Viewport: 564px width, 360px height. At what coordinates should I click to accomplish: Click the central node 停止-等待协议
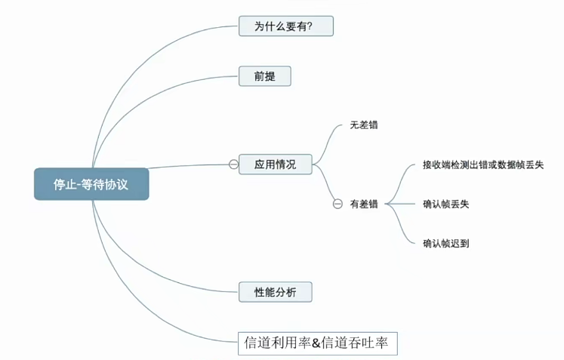click(91, 183)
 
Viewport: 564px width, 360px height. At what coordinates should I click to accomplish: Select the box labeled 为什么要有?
click(285, 26)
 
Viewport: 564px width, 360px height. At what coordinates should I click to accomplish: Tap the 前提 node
click(264, 76)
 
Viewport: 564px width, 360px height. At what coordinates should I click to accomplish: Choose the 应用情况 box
click(275, 164)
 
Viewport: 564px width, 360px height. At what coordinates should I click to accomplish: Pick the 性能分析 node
click(274, 291)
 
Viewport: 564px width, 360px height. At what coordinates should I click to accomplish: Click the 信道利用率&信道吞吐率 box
click(316, 343)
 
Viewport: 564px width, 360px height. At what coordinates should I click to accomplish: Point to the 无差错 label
click(364, 125)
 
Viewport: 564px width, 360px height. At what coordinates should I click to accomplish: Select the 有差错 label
click(364, 204)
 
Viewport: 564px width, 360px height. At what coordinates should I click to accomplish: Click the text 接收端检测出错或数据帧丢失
click(484, 165)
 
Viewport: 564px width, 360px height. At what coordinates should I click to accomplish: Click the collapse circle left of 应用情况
click(233, 164)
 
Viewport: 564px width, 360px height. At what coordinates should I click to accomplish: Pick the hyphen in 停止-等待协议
click(79, 184)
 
